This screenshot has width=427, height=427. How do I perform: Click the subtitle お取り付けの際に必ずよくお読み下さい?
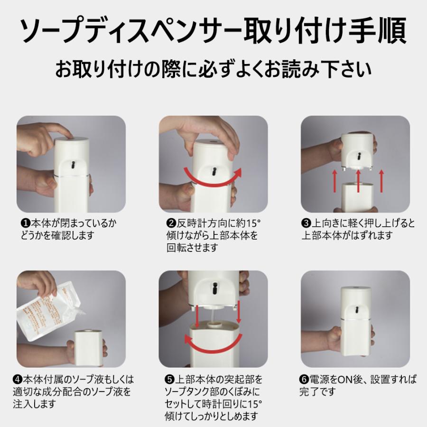click(x=213, y=69)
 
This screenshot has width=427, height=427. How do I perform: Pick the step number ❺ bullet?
click(x=169, y=380)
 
